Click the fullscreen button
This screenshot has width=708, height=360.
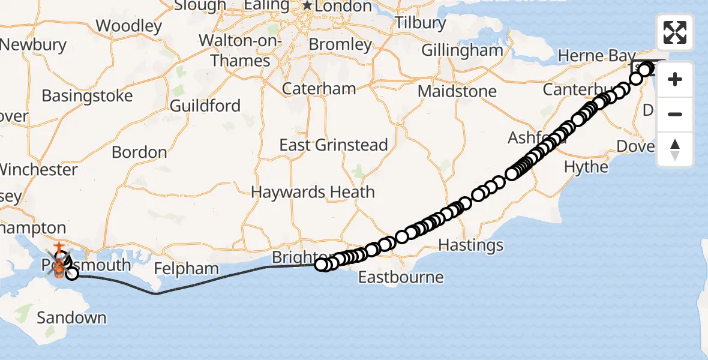(675, 32)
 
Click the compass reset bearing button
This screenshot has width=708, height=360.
(675, 149)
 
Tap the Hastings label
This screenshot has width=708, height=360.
(471, 245)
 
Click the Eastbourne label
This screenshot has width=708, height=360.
(401, 277)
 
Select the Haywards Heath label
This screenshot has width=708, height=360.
(313, 193)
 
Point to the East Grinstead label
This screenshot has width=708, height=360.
(334, 145)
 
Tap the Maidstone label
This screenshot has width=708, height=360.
(457, 92)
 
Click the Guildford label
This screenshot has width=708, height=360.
(205, 106)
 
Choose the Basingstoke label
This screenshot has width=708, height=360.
(87, 96)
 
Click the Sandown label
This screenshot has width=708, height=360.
(71, 317)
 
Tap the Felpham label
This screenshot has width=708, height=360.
(184, 268)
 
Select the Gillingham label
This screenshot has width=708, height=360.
(462, 50)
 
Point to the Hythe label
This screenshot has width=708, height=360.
(586, 167)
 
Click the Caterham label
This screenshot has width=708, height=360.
(319, 89)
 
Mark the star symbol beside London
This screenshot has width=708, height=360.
(308, 6)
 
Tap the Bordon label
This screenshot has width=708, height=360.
(139, 152)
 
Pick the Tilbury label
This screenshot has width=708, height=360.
(421, 23)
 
